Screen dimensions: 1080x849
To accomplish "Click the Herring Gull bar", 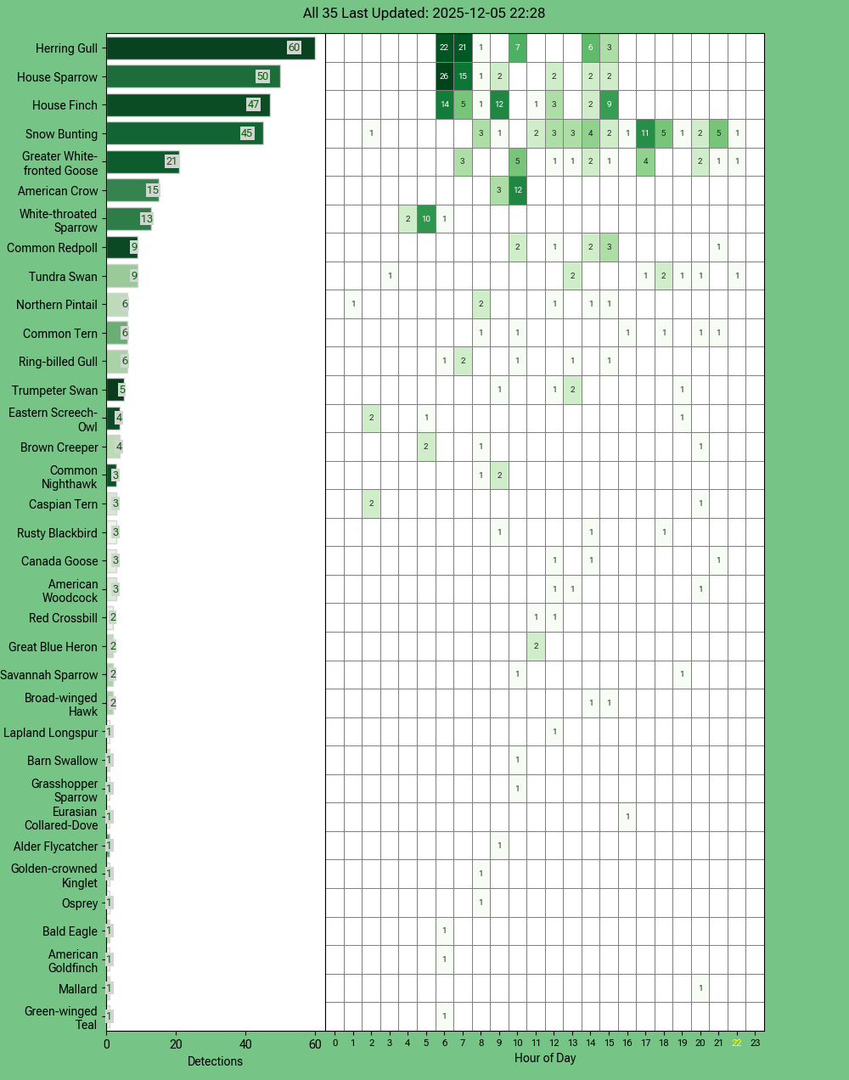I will (x=210, y=48).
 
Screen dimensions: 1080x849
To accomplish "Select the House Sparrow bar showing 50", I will (x=193, y=76).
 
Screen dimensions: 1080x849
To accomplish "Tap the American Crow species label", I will (x=58, y=191).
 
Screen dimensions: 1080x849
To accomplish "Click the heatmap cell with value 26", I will (x=444, y=76).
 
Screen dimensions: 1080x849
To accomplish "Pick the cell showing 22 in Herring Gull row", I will (x=444, y=48).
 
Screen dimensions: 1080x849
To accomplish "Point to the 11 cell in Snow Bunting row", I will (x=645, y=133).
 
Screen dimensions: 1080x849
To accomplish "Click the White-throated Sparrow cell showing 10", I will (x=426, y=219).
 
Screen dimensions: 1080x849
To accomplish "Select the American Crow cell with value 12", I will (x=518, y=190).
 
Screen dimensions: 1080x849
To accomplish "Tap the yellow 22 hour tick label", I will (x=737, y=1043).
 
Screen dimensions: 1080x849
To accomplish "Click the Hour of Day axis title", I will (x=544, y=1058).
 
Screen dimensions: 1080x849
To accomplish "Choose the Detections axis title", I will (x=215, y=1061).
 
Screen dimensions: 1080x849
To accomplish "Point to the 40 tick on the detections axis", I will (x=246, y=1044).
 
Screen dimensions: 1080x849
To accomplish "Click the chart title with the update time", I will (x=424, y=14).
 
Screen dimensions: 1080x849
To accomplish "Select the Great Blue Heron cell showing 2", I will (x=536, y=646).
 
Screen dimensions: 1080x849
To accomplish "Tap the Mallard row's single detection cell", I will (x=700, y=988).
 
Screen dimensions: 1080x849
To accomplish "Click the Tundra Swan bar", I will (x=121, y=276).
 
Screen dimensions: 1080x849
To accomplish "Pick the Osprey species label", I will (x=80, y=903).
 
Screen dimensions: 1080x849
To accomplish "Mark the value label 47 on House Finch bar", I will (x=253, y=104).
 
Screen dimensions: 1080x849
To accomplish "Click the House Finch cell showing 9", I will (x=609, y=105).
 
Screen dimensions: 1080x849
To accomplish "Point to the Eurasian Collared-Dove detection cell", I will (x=627, y=817).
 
